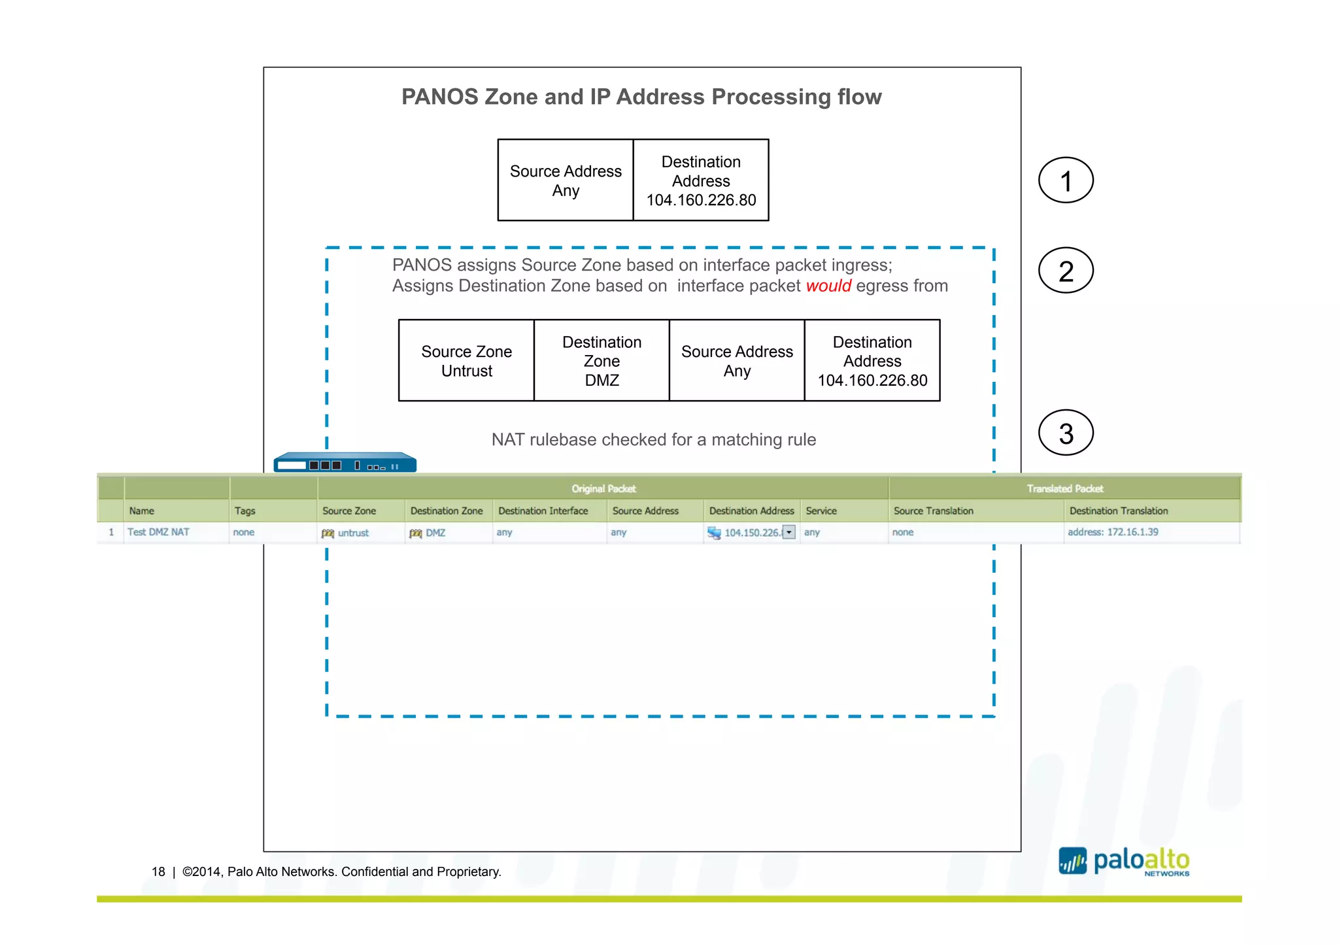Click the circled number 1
[x=1065, y=180]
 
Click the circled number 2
[x=1065, y=271]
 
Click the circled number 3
[x=1065, y=433]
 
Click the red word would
[x=828, y=286]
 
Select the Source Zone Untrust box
[x=466, y=361]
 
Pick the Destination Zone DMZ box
[x=602, y=361]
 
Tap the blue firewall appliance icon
[x=345, y=462]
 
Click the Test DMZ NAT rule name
[x=158, y=532]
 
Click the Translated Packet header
[x=1064, y=488]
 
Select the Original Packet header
[x=603, y=488]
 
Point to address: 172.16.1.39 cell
[x=1112, y=532]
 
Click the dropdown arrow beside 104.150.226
[x=789, y=532]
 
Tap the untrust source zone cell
[x=352, y=533]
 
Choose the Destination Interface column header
[x=543, y=511]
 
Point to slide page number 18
[x=158, y=871]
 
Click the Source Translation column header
[x=933, y=511]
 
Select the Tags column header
[x=245, y=511]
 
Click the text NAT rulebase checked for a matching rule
[x=653, y=439]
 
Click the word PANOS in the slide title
[x=439, y=97]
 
